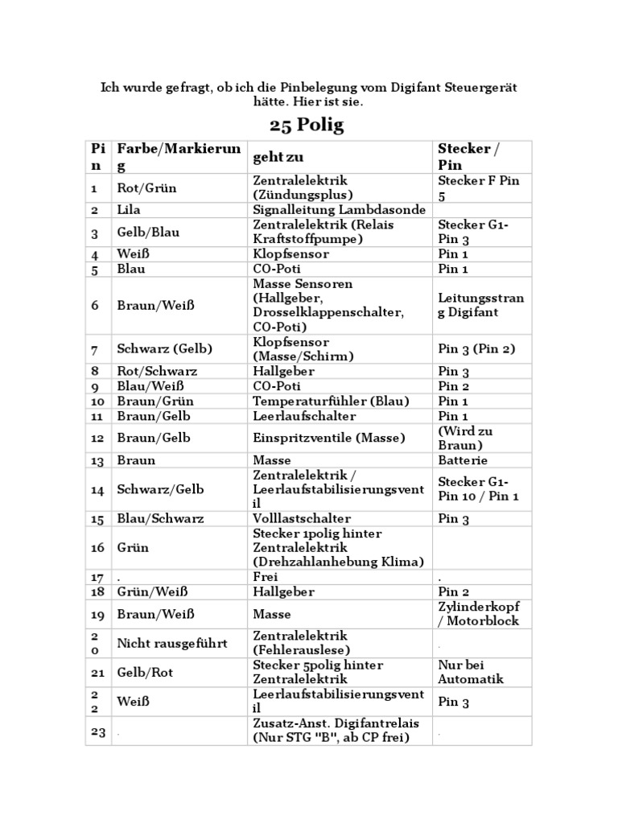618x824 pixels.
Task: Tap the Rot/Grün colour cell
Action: pyautogui.click(x=146, y=188)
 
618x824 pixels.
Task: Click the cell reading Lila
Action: pyautogui.click(x=129, y=210)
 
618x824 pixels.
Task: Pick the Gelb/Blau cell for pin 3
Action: pyautogui.click(x=149, y=233)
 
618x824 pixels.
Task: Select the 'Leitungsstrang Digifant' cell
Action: pyautogui.click(x=480, y=306)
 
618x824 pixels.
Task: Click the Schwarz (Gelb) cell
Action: pyautogui.click(x=165, y=349)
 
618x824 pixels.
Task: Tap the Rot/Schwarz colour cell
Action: pyautogui.click(x=157, y=372)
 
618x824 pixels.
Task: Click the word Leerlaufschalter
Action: pyautogui.click(x=304, y=416)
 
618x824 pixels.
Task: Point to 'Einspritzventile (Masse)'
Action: pyautogui.click(x=328, y=438)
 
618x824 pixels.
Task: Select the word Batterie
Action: pyautogui.click(x=463, y=460)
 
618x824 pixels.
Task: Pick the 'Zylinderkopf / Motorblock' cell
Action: pyautogui.click(x=479, y=614)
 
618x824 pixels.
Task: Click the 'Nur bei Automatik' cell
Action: pyautogui.click(x=471, y=672)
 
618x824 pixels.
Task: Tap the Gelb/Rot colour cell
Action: pyautogui.click(x=145, y=672)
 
